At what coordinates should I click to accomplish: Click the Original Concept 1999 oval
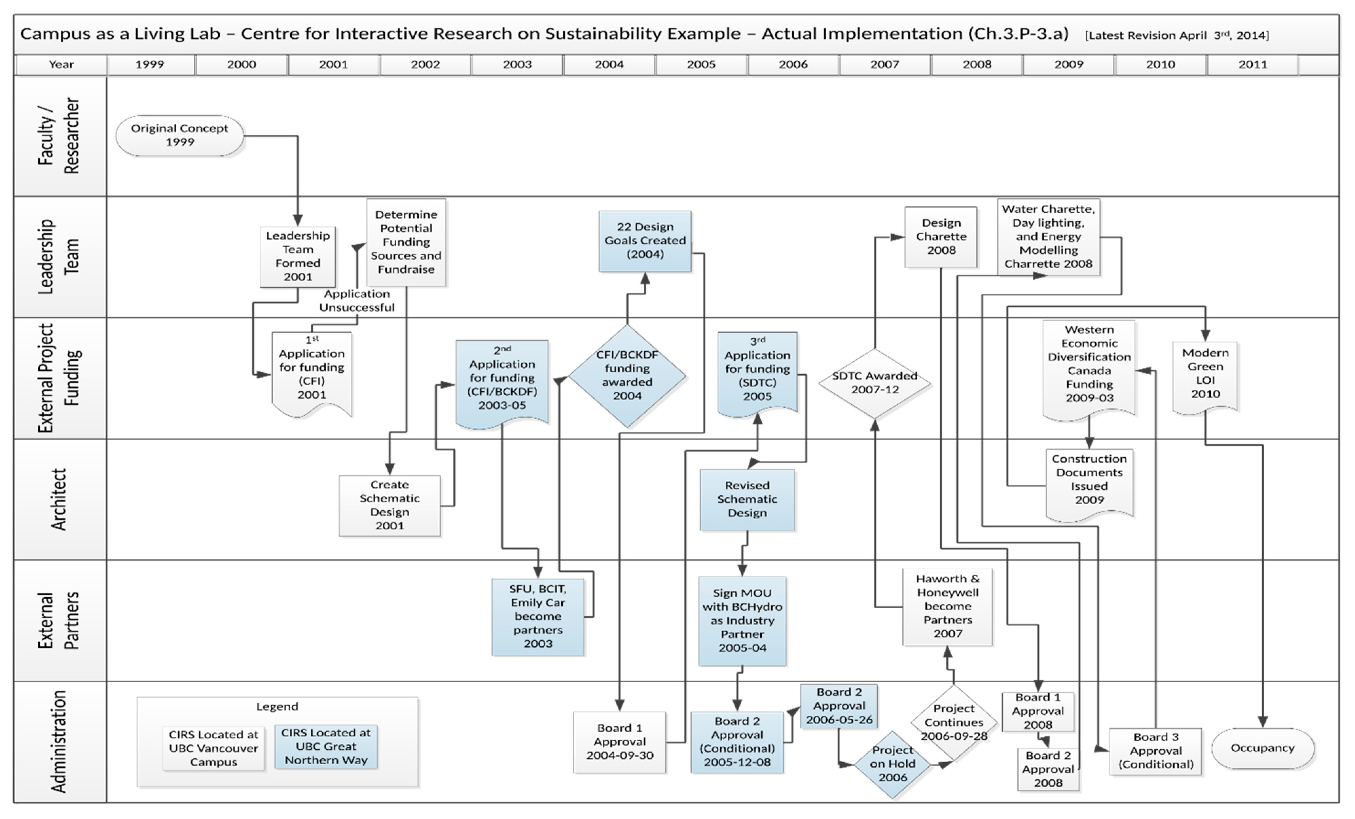180,135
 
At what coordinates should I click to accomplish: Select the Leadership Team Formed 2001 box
297,256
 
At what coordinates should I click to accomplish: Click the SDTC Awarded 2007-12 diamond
874,382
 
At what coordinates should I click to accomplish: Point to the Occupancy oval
1263,748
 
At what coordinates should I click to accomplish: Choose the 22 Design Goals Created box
645,240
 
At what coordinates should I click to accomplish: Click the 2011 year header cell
1252,64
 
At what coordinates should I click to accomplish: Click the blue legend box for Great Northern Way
326,746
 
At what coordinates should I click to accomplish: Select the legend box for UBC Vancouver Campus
213,748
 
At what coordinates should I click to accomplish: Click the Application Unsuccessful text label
357,301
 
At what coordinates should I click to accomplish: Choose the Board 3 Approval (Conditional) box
1155,751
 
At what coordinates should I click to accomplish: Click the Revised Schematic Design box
747,499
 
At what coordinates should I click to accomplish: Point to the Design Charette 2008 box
941,237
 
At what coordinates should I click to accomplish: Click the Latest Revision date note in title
1177,35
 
